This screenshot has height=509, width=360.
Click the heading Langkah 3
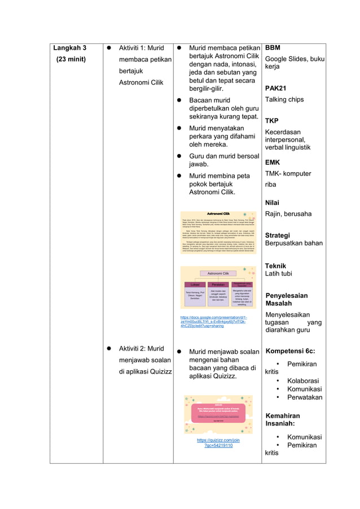pos(69,49)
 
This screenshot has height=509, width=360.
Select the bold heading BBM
pos(273,49)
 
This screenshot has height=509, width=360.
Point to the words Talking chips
pos(284,99)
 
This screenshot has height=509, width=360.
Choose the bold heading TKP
pos(272,121)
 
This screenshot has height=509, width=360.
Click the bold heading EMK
pos(273,163)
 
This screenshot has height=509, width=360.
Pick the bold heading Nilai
pos(272,203)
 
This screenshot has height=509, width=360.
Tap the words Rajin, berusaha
pos(288,214)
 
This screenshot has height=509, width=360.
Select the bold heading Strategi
pos(278,235)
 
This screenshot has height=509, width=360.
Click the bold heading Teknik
pos(275,266)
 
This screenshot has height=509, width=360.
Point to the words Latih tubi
pos(279,274)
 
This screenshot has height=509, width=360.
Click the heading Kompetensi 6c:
pos(291,351)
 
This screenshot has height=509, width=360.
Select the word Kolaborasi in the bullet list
pos(303,381)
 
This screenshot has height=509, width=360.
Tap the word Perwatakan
pos(305,397)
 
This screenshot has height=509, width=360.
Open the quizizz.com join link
pos(218,442)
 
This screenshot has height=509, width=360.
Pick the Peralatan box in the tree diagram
pos(218,284)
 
